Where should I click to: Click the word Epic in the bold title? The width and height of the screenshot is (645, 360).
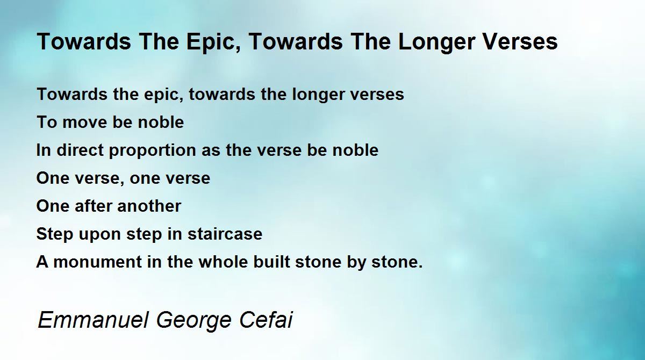click(x=213, y=42)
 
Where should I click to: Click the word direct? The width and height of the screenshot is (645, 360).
click(x=80, y=150)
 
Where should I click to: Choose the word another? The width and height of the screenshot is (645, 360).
click(x=149, y=206)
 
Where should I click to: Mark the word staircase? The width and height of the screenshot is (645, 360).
click(x=225, y=234)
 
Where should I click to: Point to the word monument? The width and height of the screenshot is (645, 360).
click(x=98, y=262)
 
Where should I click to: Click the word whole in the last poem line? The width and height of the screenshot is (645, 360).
click(x=223, y=262)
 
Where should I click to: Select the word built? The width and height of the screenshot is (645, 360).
click(x=271, y=262)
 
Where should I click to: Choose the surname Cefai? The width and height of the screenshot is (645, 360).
click(x=266, y=319)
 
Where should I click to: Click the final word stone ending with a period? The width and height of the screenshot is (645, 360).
click(x=397, y=262)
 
